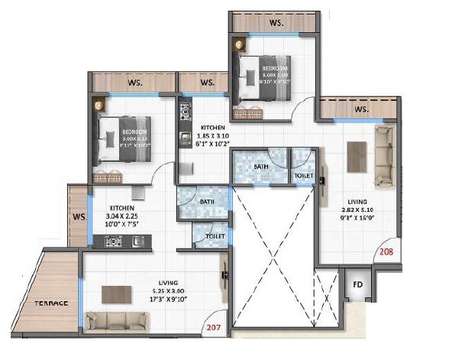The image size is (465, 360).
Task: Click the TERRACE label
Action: (50, 303)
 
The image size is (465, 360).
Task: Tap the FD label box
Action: (357, 285)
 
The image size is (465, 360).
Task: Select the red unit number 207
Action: (215, 328)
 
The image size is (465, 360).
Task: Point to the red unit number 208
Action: (387, 250)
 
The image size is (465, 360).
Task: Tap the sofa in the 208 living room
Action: (384, 157)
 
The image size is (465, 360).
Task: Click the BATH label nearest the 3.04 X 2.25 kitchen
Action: (206, 203)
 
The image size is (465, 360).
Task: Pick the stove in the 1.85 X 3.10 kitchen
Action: (184, 112)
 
